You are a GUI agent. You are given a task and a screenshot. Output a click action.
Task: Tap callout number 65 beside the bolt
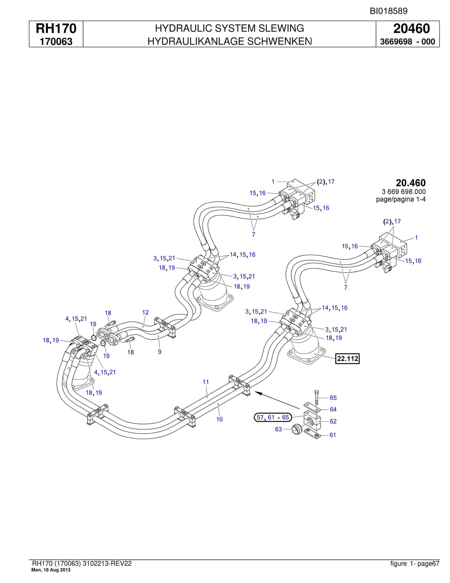pos(333,398)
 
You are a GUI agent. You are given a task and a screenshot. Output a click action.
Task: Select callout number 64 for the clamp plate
pos(333,409)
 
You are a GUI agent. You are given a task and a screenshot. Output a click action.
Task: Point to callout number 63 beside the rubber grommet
pos(278,429)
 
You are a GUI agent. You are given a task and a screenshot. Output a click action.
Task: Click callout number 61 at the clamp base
pos(333,435)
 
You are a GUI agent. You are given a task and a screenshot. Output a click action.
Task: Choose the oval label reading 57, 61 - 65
pos(273,417)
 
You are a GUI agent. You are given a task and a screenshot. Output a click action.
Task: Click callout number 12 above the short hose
pos(145,312)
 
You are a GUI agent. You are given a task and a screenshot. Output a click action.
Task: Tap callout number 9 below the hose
pos(160,352)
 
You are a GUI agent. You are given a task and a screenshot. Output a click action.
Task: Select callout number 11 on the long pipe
pos(206,382)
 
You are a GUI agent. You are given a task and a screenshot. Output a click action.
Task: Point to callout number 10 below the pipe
pos(219,419)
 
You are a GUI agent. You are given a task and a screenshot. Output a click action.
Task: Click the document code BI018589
pos(389,11)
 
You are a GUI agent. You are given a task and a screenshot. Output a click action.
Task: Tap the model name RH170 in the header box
pos(56,28)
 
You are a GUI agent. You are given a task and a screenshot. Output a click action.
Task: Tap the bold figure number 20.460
pos(411,183)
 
